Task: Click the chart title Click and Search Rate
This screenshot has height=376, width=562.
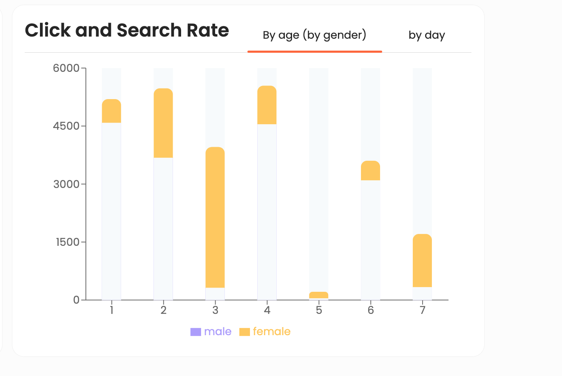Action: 127,31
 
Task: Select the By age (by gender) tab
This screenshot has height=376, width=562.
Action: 314,35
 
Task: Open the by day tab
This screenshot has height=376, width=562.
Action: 426,35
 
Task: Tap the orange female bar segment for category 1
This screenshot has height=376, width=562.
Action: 111,111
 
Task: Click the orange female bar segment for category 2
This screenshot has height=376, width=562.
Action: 163,123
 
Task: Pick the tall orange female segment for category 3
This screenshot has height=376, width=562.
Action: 215,217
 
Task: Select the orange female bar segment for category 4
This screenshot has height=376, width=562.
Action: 267,105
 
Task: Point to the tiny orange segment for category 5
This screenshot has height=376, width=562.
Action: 319,295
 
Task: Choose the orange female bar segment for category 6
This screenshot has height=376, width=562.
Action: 371,171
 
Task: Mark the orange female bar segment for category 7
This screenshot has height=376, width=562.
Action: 423,260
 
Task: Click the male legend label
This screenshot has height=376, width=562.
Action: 218,332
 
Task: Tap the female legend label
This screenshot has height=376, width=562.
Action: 272,332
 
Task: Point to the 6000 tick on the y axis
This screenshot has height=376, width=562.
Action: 66,68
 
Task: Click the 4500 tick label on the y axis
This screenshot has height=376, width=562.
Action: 66,126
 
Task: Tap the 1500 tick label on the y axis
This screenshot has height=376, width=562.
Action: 66,242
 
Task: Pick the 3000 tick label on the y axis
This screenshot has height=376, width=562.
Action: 66,184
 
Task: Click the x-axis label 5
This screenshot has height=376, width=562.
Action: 319,310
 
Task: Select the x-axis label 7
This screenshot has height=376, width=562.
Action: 423,310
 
